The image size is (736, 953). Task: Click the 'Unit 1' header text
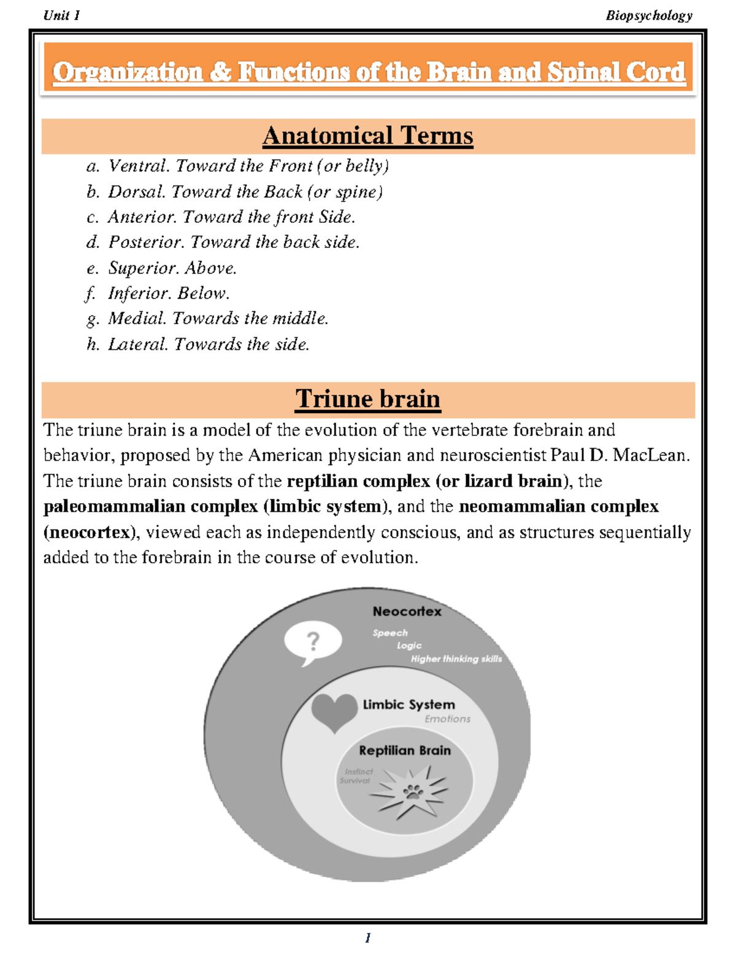(x=61, y=15)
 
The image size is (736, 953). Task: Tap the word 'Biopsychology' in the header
(x=649, y=15)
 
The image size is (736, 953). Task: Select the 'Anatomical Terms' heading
(x=367, y=136)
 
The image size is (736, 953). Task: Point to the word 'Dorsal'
(x=136, y=192)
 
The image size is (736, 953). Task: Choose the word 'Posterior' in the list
(x=147, y=242)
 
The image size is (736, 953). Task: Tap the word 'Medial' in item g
(x=136, y=318)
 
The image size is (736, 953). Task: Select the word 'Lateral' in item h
(x=137, y=344)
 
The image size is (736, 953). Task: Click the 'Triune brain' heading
(x=367, y=399)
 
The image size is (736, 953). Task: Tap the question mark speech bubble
(x=313, y=642)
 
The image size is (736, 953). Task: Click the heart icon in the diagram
(x=334, y=711)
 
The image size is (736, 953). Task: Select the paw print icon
(x=413, y=792)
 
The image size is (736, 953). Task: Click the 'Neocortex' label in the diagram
(x=407, y=611)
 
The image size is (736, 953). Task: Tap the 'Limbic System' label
(x=408, y=704)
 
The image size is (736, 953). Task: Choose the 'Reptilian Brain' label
(x=404, y=750)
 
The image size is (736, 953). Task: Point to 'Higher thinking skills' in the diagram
(x=456, y=659)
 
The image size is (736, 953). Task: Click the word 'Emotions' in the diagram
(x=447, y=719)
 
